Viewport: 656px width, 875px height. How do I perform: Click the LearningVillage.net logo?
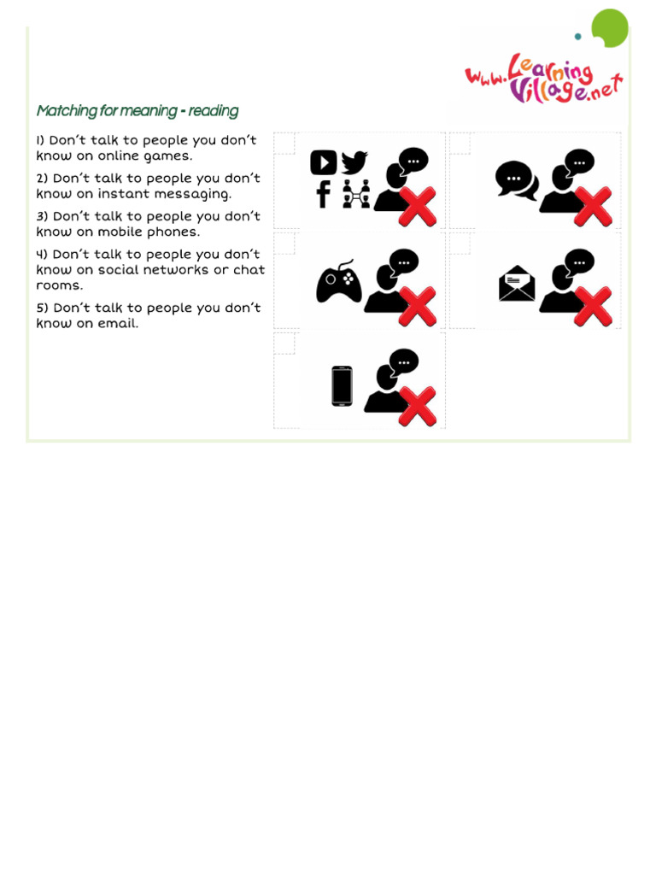coord(543,79)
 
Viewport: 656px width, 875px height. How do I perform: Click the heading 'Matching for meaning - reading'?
coord(137,111)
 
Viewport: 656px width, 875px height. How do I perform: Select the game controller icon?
coord(339,282)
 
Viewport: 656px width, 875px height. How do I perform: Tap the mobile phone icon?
coord(342,386)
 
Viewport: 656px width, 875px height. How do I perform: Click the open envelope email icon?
coord(517,284)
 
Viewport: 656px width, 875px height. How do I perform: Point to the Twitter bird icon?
coord(354,162)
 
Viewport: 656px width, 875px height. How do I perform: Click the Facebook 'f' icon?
coord(323,194)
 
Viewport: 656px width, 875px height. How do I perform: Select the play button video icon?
coord(323,162)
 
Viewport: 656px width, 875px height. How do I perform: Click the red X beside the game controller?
coord(418,307)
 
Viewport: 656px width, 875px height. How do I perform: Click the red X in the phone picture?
coord(418,406)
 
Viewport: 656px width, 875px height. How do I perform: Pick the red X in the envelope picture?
coord(593,307)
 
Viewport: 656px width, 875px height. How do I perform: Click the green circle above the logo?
coord(610,27)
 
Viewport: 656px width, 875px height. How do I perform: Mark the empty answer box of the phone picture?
coord(284,343)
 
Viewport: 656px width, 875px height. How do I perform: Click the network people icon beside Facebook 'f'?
coord(355,195)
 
